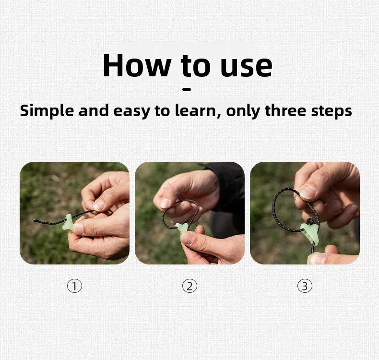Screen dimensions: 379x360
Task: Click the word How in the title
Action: coord(137,66)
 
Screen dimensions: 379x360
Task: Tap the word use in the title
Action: coord(246,68)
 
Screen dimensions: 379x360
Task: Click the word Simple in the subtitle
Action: coord(47,111)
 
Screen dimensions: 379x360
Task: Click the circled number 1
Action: coord(74,286)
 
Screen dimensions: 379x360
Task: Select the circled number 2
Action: coord(189,286)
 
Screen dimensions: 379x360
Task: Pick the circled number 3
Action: coord(305,286)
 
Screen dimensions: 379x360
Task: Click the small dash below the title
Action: coord(187,89)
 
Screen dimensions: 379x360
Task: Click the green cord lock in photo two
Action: coord(182,228)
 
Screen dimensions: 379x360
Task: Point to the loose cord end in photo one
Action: coord(36,220)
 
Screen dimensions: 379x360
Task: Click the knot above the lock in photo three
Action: coord(309,221)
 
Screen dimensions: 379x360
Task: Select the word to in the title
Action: coord(195,66)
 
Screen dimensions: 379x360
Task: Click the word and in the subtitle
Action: coord(93,110)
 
